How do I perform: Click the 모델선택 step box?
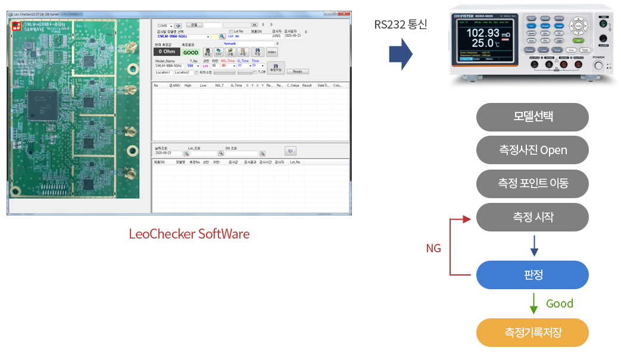[532, 117]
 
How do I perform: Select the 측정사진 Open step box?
[532, 150]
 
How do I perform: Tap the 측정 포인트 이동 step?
[532, 183]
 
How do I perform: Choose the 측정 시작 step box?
[532, 217]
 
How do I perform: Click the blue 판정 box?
[532, 275]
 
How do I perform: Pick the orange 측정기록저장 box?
[532, 332]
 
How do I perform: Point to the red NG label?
[433, 248]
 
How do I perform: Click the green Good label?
[559, 303]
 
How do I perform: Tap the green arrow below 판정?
[533, 303]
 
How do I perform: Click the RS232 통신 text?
[401, 24]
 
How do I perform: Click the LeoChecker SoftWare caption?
[189, 234]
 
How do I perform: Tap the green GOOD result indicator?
[191, 52]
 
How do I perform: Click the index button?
[272, 52]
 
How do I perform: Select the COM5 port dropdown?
[164, 26]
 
